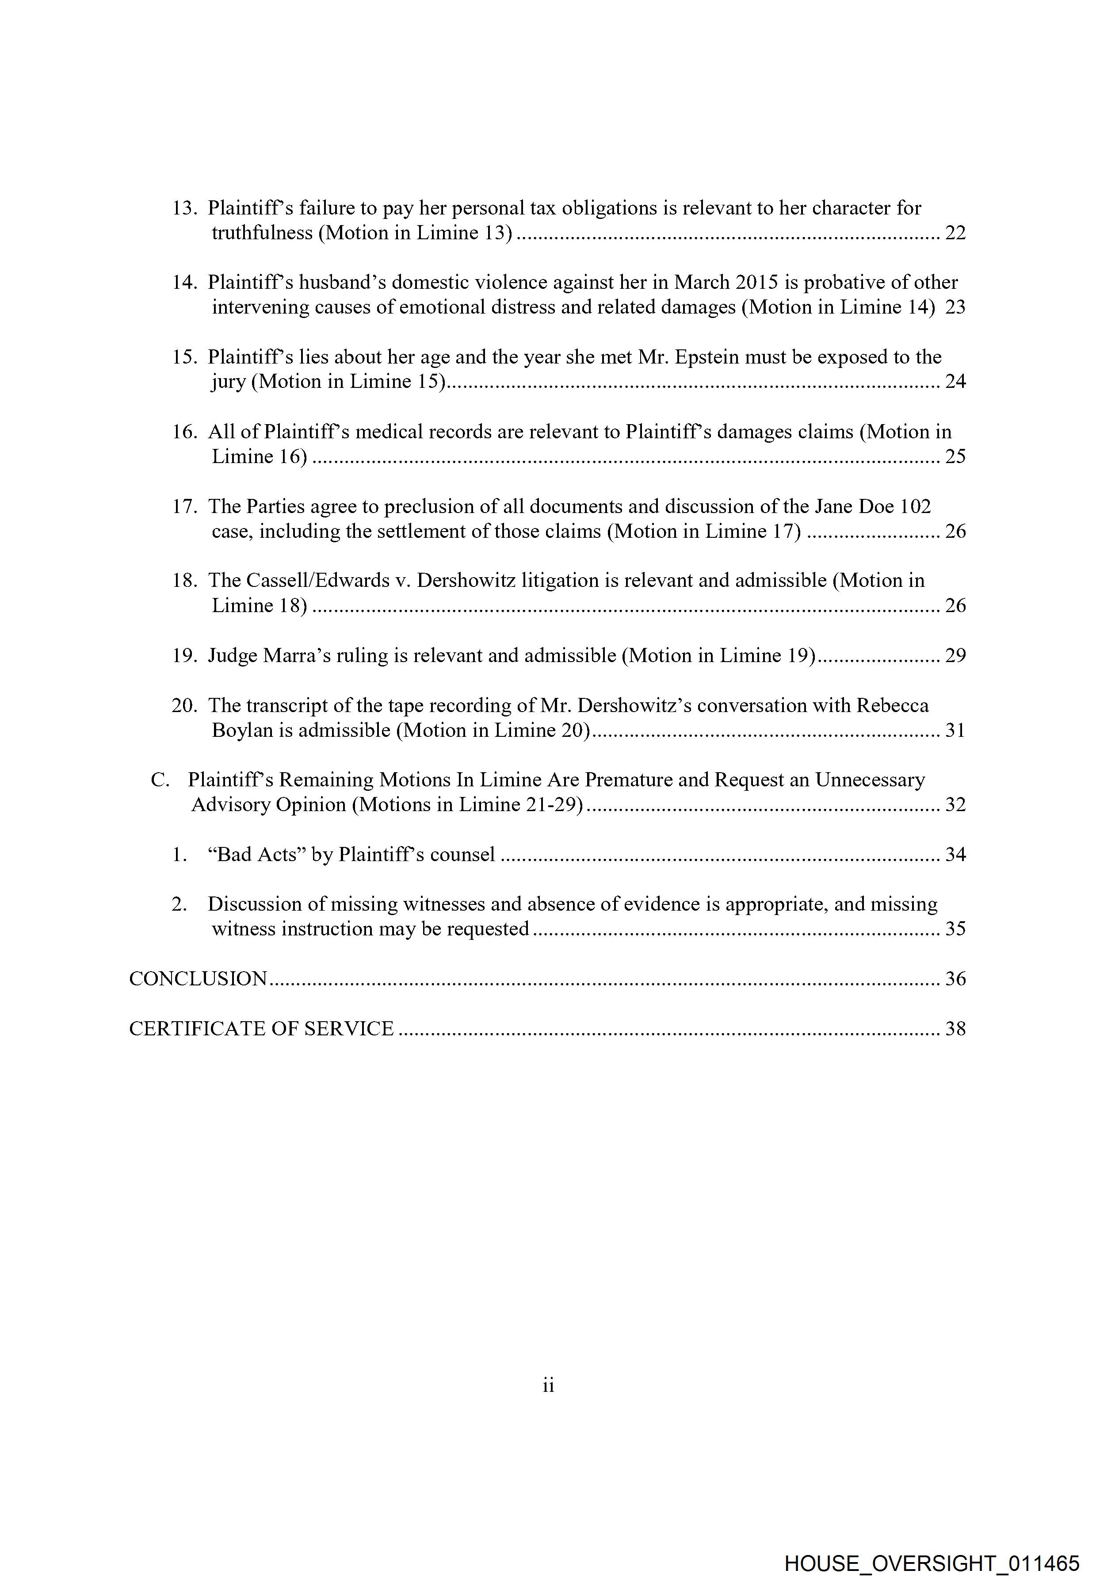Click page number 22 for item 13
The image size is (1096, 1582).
click(955, 233)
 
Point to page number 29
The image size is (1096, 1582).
click(955, 655)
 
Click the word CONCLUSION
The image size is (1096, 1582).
click(198, 978)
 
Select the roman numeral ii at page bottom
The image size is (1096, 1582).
click(548, 1386)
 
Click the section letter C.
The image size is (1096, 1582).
click(159, 780)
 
